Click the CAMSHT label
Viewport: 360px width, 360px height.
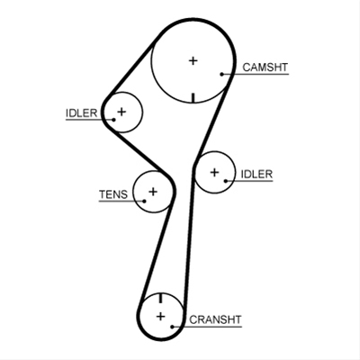point(265,67)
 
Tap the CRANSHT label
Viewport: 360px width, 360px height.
point(215,319)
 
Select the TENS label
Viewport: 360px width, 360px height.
point(113,194)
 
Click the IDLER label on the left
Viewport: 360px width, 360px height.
point(81,113)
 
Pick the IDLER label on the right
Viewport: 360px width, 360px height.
point(256,175)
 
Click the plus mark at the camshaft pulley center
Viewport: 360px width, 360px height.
point(193,61)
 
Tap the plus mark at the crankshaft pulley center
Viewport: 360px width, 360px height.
point(161,316)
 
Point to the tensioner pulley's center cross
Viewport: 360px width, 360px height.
point(153,192)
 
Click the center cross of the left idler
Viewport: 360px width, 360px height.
point(121,112)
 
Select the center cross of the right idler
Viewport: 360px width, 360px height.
point(214,173)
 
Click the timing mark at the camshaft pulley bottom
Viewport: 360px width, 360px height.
point(193,98)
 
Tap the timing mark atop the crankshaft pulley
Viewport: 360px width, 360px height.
point(161,298)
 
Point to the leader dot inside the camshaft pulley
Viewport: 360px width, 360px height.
point(222,74)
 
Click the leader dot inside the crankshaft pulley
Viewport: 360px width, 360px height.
point(172,327)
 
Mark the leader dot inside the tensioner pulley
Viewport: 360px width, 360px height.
point(144,201)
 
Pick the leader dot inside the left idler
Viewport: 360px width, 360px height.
point(113,120)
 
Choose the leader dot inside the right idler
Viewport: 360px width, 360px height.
point(226,181)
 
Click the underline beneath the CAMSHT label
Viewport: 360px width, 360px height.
point(256,74)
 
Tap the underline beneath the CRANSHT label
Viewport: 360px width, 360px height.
point(207,327)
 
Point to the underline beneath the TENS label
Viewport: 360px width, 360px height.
point(121,201)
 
